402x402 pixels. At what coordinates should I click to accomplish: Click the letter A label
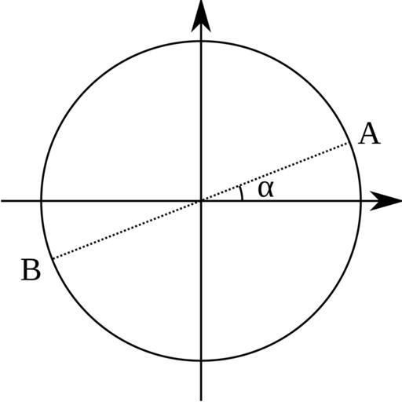click(x=369, y=133)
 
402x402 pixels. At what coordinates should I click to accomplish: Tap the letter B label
click(x=31, y=270)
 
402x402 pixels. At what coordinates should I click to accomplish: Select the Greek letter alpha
click(x=265, y=189)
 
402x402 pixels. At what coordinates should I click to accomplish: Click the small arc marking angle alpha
click(x=242, y=193)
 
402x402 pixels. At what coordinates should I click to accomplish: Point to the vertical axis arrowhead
click(x=201, y=16)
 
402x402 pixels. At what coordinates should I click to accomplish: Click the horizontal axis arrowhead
click(x=386, y=201)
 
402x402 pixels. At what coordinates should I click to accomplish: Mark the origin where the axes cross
click(x=201, y=201)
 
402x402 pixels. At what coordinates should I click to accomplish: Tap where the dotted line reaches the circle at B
click(x=53, y=259)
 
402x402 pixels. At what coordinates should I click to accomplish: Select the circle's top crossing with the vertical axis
click(x=201, y=41)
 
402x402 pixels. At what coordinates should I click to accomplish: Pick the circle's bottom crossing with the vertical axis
click(x=201, y=361)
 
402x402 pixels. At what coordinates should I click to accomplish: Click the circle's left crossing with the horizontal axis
click(x=41, y=201)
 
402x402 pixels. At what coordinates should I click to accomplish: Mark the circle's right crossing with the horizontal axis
click(x=361, y=201)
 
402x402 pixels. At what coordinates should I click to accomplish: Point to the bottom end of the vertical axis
click(x=201, y=400)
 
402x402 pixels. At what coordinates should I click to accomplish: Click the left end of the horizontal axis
click(x=2, y=201)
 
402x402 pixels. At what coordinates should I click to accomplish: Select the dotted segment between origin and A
click(x=275, y=172)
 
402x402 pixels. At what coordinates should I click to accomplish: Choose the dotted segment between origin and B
click(x=127, y=230)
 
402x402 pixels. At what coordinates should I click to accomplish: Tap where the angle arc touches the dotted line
click(x=239, y=185)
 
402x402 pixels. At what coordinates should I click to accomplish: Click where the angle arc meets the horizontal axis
click(x=243, y=200)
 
